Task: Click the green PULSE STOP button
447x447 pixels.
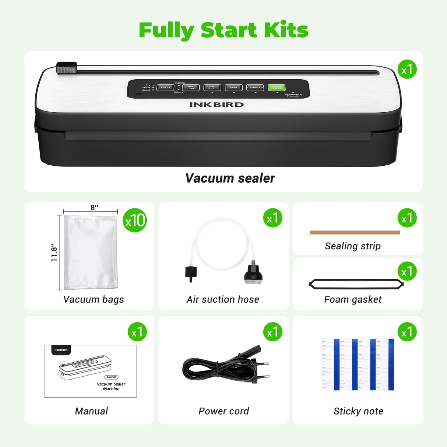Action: pos(277,87)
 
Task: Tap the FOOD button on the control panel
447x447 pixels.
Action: pos(165,87)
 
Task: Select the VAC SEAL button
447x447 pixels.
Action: pos(212,87)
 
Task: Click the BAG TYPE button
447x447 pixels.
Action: pos(191,87)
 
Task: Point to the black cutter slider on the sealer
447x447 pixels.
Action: pos(67,68)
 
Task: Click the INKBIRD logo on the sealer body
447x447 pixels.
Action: pos(217,105)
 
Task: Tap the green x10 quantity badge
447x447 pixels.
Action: pos(135,221)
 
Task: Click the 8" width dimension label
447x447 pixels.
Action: pos(94,207)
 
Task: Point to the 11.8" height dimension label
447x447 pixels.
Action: pos(54,253)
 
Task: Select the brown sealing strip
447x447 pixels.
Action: pos(355,232)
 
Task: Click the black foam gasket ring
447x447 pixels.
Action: pos(356,284)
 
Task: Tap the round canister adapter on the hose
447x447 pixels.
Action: pos(253,274)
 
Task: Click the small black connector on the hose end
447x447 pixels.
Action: pos(191,273)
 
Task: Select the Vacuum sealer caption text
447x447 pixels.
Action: pos(230,178)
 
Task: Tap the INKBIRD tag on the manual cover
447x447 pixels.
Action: pos(61,350)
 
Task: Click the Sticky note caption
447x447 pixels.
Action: pos(358,411)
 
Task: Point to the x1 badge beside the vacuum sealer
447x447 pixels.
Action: pos(407,69)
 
